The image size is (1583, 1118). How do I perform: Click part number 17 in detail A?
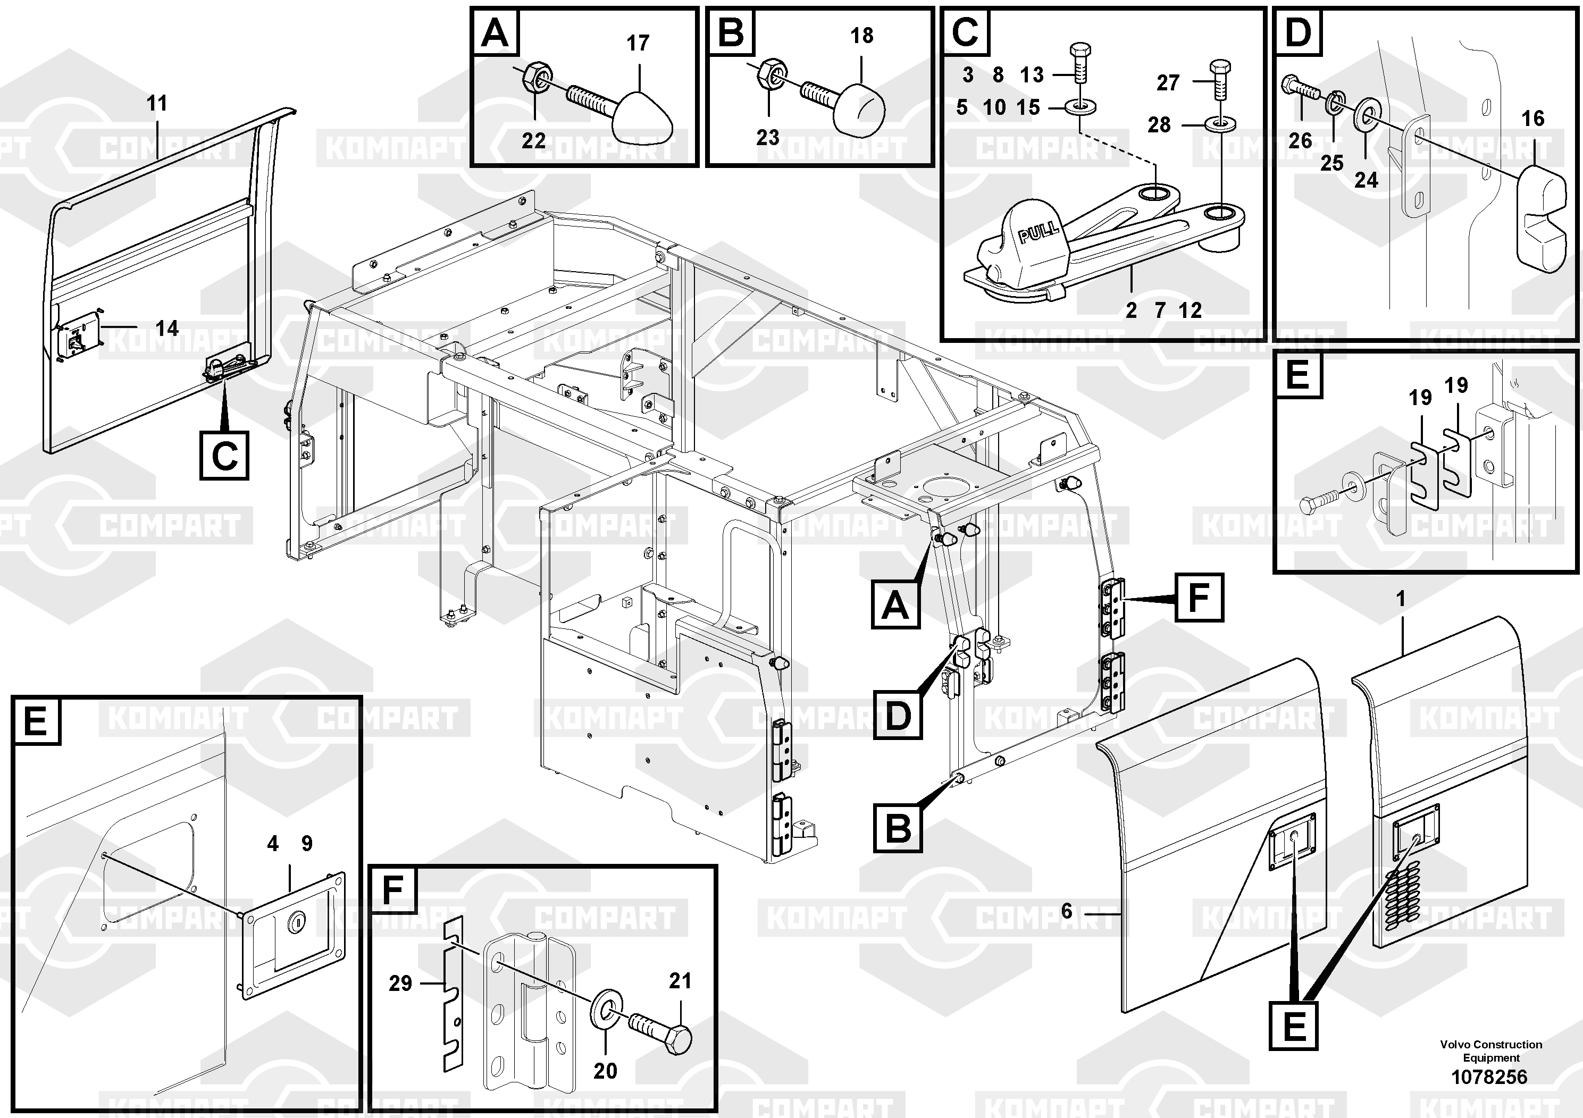[638, 43]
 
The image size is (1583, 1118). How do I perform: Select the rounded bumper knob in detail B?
[859, 110]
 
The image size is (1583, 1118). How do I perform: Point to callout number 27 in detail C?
[1168, 83]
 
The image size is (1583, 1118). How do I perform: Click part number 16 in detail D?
[1532, 119]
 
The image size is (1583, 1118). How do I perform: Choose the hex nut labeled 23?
[770, 70]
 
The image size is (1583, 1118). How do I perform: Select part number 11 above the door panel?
[157, 103]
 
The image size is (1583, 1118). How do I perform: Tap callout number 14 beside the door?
[167, 328]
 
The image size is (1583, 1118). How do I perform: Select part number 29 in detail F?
[400, 983]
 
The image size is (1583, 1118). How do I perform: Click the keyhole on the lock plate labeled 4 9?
[298, 920]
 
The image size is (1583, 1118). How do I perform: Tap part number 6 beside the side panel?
[1067, 911]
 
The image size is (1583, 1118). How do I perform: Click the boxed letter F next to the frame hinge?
[1199, 597]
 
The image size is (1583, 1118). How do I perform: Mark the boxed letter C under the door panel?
[224, 455]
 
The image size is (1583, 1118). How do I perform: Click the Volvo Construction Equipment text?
[1490, 1051]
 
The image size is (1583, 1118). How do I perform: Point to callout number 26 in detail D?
[1300, 140]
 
